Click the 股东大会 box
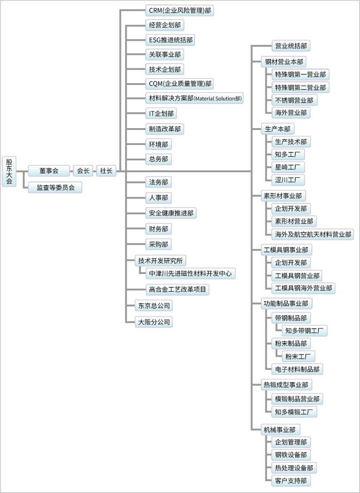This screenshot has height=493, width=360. click(10, 171)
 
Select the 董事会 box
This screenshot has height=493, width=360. click(49, 171)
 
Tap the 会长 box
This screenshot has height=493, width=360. click(83, 171)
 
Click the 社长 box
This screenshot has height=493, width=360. click(106, 171)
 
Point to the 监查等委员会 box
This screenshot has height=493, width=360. click(55, 187)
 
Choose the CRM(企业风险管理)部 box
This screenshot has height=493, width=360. click(180, 10)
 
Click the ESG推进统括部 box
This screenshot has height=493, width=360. click(170, 40)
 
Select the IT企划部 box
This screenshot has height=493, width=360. click(161, 114)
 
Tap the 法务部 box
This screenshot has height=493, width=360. click(158, 182)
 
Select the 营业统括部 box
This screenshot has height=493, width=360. click(291, 46)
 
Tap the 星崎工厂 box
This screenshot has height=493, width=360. click(287, 167)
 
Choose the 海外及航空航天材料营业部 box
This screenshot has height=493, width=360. click(313, 234)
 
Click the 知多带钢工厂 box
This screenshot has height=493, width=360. click(305, 330)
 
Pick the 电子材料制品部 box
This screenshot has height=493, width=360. click(297, 369)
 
